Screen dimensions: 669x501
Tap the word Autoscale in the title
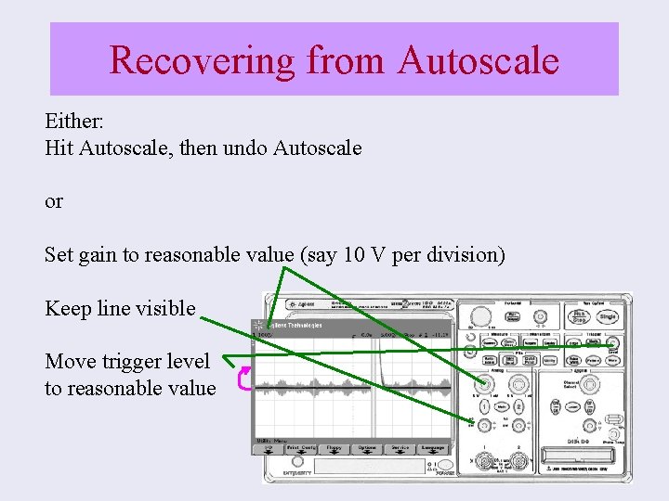tap(479, 60)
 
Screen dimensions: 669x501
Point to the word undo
tap(270, 148)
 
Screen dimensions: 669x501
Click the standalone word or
tap(54, 201)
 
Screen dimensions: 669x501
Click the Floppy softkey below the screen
tap(334, 448)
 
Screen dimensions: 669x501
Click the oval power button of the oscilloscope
tap(445, 464)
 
